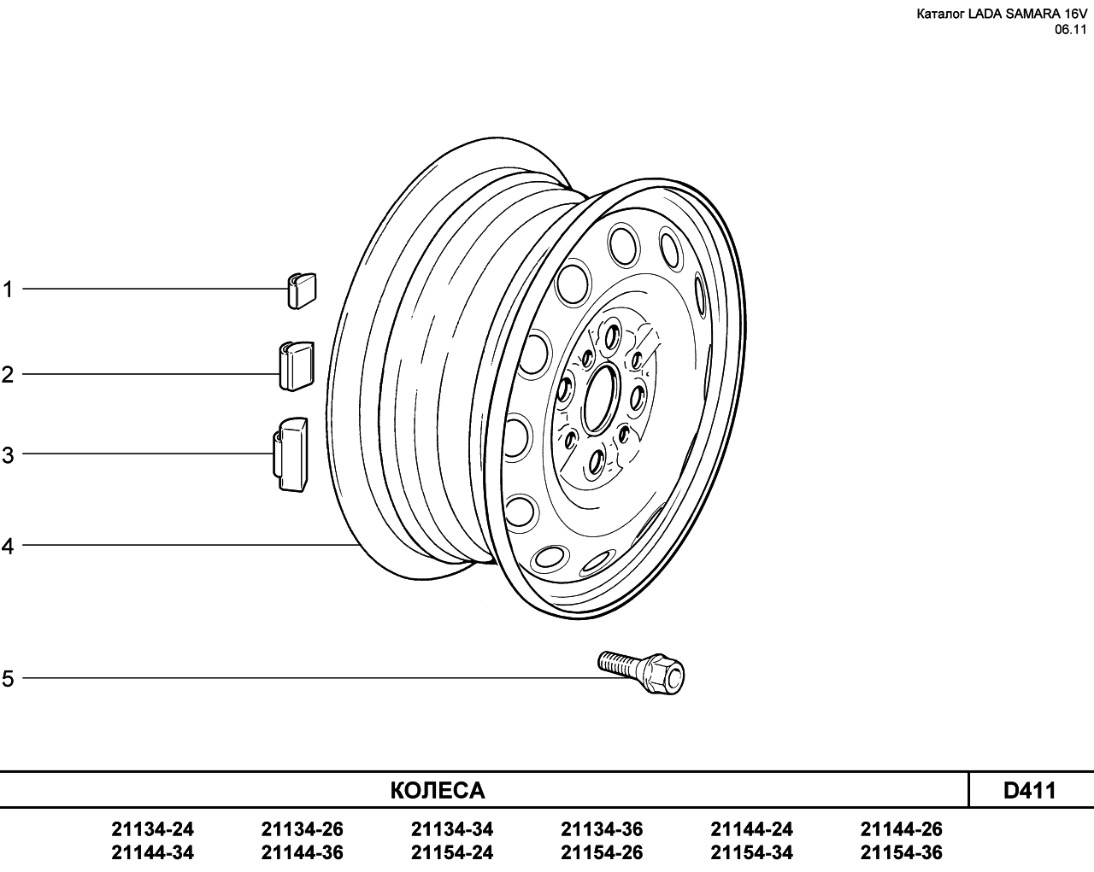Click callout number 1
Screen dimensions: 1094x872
click(x=7, y=290)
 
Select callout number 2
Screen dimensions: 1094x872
click(x=7, y=375)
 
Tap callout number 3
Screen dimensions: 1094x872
click(x=7, y=455)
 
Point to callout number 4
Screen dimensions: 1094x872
click(x=7, y=547)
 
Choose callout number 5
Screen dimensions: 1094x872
click(x=7, y=678)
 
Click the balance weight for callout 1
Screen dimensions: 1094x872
click(x=302, y=291)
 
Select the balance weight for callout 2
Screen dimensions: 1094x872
click(x=297, y=366)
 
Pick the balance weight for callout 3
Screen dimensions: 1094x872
click(x=291, y=454)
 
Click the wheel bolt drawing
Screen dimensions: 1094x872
click(x=641, y=672)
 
